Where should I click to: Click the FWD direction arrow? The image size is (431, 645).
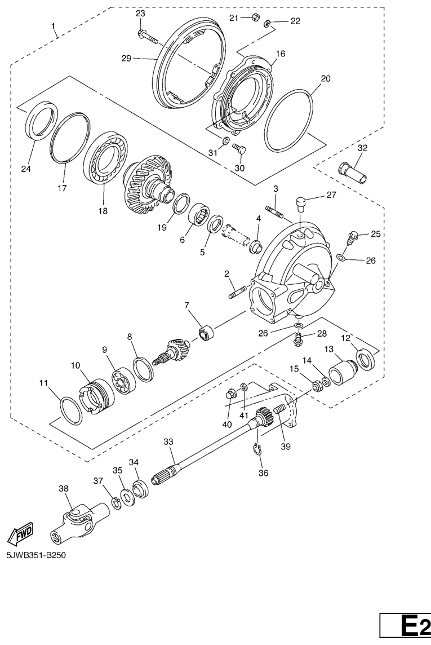point(20,534)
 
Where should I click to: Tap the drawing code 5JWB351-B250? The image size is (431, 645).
point(35,555)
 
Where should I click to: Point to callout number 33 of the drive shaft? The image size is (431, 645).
point(168,442)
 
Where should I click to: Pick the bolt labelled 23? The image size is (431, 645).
point(148,37)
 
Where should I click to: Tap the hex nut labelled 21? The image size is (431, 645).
point(255,17)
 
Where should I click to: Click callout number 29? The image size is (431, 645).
point(126,59)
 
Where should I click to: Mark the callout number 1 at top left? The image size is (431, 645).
point(53,26)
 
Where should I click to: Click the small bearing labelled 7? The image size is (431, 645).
point(206,332)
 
